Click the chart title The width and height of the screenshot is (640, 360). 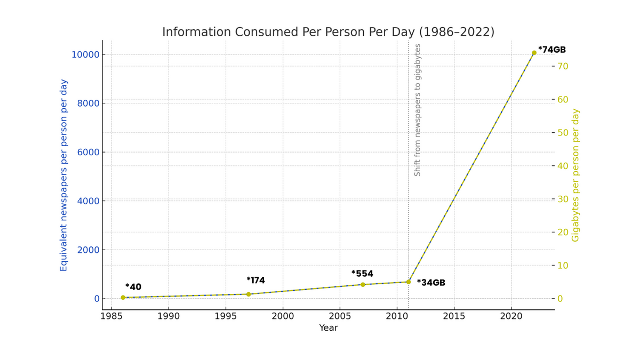(328, 32)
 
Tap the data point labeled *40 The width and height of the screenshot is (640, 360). (123, 298)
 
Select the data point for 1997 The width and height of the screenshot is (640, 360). (249, 294)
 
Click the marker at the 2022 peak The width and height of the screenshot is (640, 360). (534, 53)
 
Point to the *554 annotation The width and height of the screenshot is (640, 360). (362, 274)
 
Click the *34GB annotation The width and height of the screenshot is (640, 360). (431, 283)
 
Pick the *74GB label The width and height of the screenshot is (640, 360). (552, 50)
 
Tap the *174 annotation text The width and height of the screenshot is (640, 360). (255, 281)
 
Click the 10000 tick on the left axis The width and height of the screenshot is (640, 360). (85, 54)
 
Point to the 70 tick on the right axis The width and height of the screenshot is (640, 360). (563, 66)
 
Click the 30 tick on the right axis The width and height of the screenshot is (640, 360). (563, 199)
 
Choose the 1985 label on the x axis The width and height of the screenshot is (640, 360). (111, 315)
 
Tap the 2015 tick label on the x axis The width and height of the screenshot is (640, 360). (454, 315)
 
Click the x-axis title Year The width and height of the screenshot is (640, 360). (329, 328)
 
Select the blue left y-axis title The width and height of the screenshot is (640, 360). (63, 175)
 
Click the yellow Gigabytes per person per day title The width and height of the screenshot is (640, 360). (575, 175)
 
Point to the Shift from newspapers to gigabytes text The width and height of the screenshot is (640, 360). (418, 110)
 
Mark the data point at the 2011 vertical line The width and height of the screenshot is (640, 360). (409, 282)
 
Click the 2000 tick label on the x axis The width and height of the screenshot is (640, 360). (283, 315)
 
